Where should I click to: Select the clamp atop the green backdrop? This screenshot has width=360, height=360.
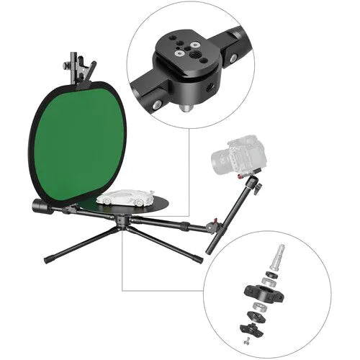pyautogui.click(x=78, y=68)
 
